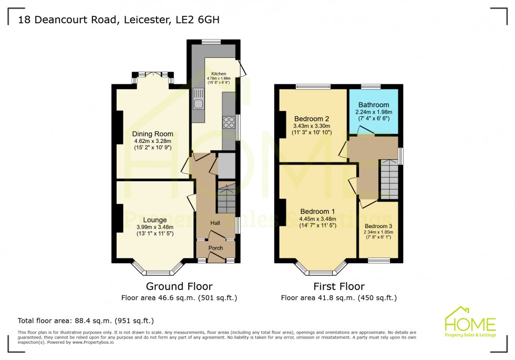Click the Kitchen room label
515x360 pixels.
pyautogui.click(x=219, y=74)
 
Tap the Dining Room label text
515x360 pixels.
pyautogui.click(x=152, y=134)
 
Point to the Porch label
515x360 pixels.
pyautogui.click(x=215, y=248)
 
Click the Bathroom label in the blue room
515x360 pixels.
pyautogui.click(x=374, y=105)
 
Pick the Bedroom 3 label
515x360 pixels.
pyautogui.click(x=378, y=227)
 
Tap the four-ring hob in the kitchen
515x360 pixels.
pyautogui.click(x=230, y=122)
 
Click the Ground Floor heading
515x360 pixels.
pyautogui.click(x=179, y=286)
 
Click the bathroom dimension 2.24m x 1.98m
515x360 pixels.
pyautogui.click(x=374, y=112)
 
